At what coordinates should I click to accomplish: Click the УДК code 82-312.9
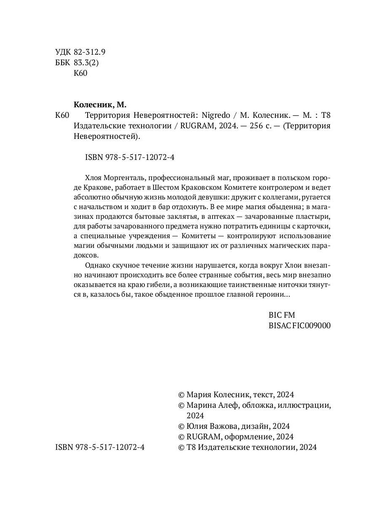point(89,52)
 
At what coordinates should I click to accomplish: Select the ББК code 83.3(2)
point(85,63)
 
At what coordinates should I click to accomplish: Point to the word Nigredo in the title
point(216,115)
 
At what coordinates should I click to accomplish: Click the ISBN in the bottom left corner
point(100,447)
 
